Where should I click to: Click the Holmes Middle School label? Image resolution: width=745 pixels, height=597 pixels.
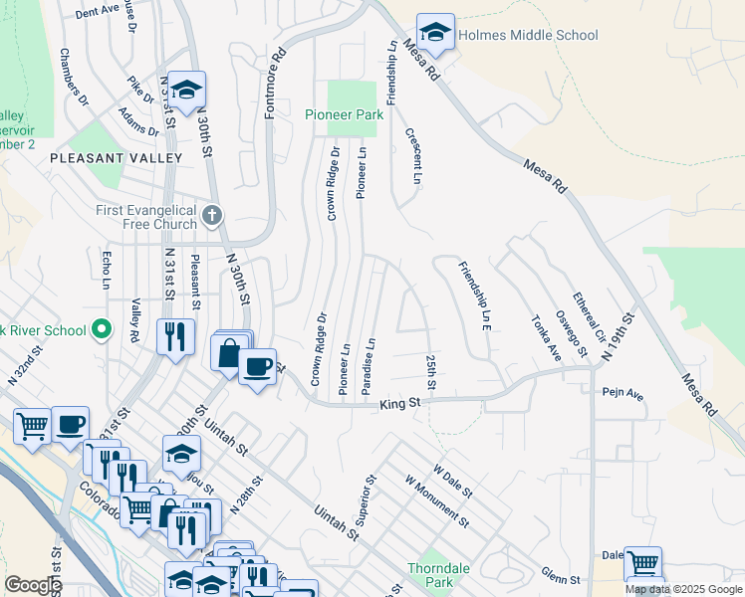[528, 36]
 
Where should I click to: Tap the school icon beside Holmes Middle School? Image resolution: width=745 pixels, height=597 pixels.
[435, 34]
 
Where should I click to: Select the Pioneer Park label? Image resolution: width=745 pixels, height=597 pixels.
[344, 115]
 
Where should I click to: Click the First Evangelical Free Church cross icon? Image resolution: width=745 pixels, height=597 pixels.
[210, 216]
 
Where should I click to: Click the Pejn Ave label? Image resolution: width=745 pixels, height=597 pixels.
[623, 395]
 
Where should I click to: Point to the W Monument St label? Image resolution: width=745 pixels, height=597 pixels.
[437, 500]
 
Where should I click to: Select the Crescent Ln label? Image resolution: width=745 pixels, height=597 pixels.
[412, 155]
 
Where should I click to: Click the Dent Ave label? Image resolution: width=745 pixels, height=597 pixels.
[97, 12]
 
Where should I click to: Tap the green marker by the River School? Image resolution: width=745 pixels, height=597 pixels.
[101, 328]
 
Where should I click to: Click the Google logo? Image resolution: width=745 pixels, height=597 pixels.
[33, 585]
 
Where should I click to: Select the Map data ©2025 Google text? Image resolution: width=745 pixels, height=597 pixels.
[683, 589]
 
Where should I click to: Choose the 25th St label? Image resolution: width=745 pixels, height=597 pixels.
[431, 366]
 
